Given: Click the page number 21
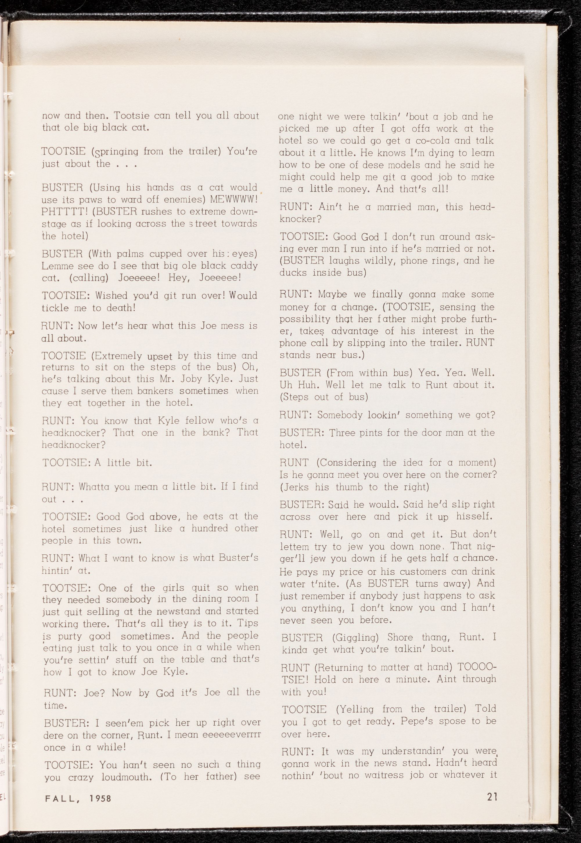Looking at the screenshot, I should coord(492,797).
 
